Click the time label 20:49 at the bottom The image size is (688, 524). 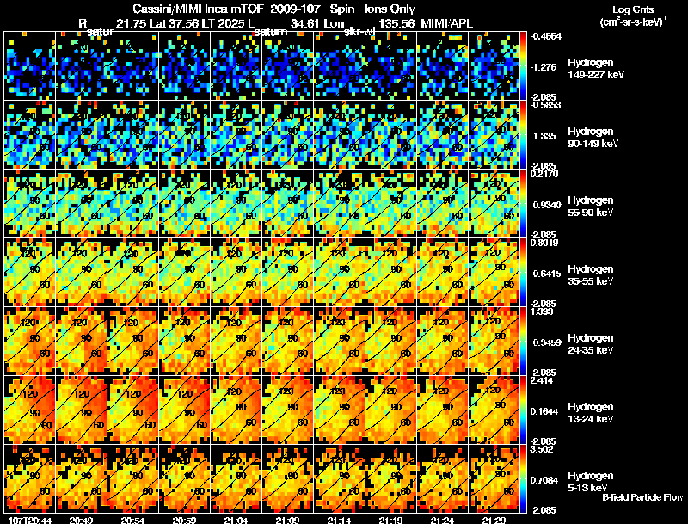[x=82, y=520]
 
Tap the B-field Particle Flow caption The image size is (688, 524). [x=642, y=497]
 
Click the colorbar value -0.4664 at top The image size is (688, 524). [x=547, y=37]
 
